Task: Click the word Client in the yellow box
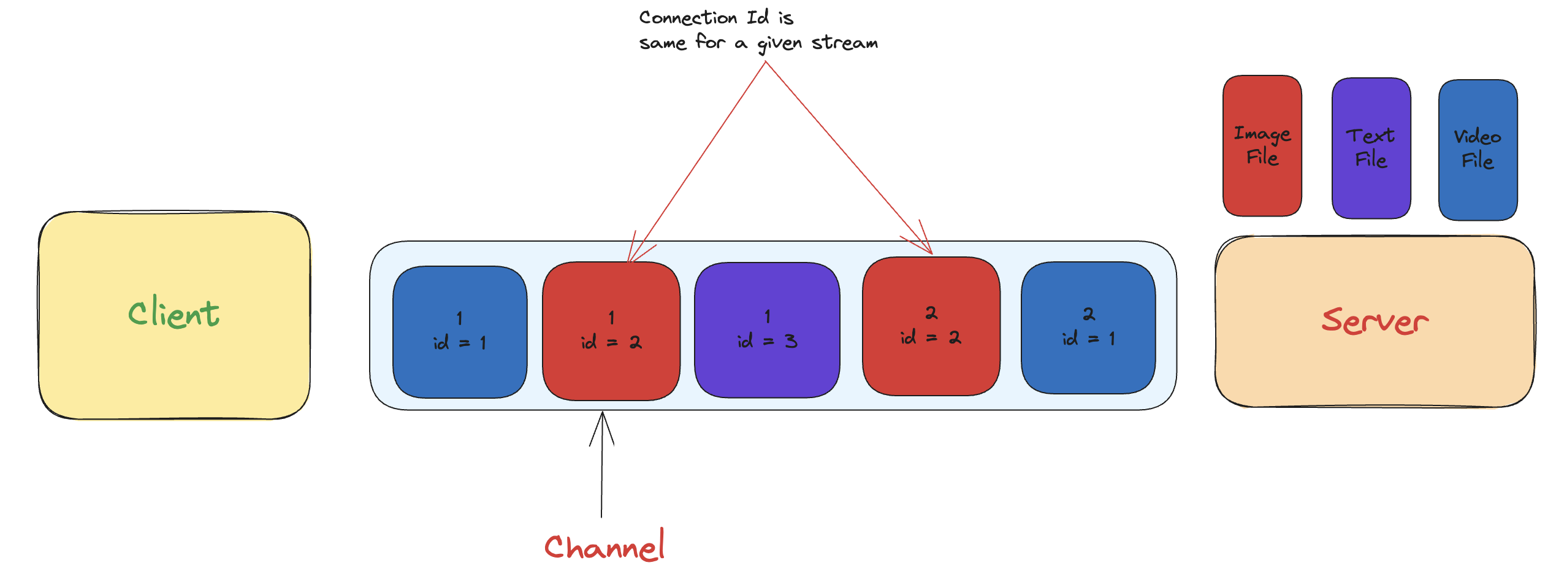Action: [x=174, y=313]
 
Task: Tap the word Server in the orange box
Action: [x=1375, y=321]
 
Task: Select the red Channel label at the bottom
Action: [x=604, y=546]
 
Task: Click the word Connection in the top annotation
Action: [x=688, y=18]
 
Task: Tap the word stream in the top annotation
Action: [x=845, y=43]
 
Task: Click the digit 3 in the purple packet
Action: [x=791, y=341]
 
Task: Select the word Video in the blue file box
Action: [x=1478, y=136]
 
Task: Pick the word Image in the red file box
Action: [x=1262, y=134]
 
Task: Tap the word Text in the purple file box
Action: [x=1370, y=136]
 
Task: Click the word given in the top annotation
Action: [x=779, y=44]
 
